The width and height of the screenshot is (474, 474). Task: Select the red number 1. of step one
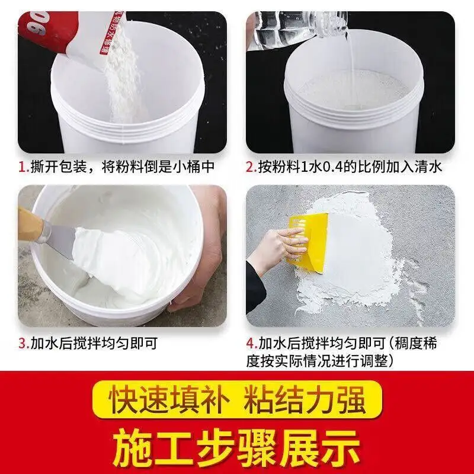tap(24, 167)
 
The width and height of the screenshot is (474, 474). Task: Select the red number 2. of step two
tap(251, 167)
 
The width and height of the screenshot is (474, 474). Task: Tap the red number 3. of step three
tap(24, 343)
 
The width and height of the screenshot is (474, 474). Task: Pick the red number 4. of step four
tap(251, 343)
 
